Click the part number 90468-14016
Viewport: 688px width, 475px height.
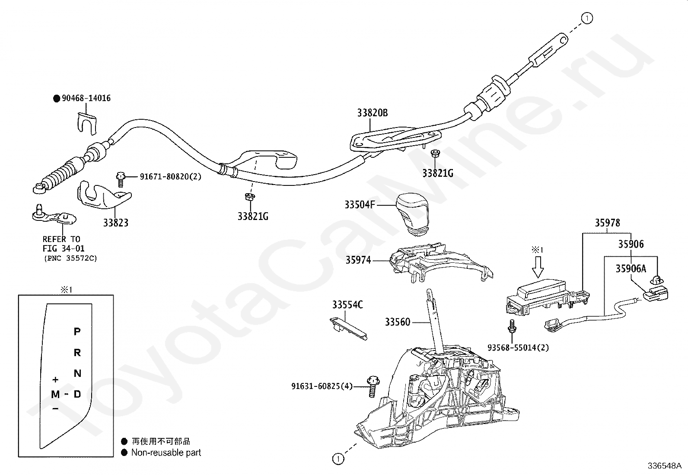coord(86,98)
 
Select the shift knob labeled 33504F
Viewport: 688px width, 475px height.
coord(411,214)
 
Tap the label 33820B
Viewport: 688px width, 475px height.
coord(372,113)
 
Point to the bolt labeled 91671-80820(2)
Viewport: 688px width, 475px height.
coord(121,179)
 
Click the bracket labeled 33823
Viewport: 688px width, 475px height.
coord(105,197)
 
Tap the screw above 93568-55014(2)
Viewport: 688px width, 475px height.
coord(512,326)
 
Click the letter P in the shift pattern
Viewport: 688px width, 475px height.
coord(77,332)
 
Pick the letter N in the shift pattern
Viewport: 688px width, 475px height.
coord(77,373)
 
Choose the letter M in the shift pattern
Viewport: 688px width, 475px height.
coord(55,394)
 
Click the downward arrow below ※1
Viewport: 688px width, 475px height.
coord(538,267)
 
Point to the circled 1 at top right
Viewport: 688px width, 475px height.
coord(587,19)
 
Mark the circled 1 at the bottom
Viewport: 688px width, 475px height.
coord(338,459)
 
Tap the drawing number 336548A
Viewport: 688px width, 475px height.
coord(664,466)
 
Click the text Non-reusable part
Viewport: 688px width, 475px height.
coord(166,453)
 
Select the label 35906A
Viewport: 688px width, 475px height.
coord(631,268)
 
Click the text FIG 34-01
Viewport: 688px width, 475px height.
coord(63,248)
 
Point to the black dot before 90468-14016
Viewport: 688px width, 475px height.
coord(57,99)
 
